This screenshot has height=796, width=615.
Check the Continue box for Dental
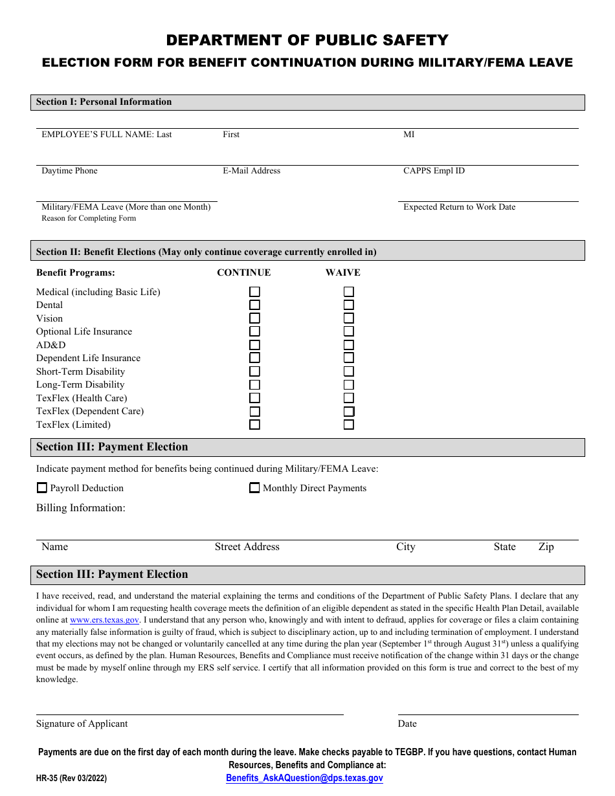coord(255,305)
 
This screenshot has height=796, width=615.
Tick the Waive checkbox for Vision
coord(349,318)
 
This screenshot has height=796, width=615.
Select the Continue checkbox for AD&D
coord(255,345)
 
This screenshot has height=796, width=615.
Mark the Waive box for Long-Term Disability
coord(349,384)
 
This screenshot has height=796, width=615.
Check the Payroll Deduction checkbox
coord(42,488)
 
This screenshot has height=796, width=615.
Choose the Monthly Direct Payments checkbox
coord(255,488)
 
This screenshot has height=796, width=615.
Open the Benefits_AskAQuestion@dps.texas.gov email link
coord(304,778)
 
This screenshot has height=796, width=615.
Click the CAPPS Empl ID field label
coord(434,171)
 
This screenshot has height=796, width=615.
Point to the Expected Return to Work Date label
coord(459,207)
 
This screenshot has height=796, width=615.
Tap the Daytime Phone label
coord(69,171)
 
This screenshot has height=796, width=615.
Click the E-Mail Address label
coord(251,171)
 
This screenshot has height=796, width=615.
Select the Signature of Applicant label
coord(82,724)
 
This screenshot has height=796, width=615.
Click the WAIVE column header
coord(342,272)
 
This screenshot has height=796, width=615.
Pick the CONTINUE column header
coord(243,272)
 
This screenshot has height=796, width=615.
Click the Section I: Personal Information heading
coord(104,102)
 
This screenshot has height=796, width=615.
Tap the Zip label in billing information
coord(546,547)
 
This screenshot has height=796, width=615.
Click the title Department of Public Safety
coord(307,40)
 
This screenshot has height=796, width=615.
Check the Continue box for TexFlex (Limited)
coord(255,425)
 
